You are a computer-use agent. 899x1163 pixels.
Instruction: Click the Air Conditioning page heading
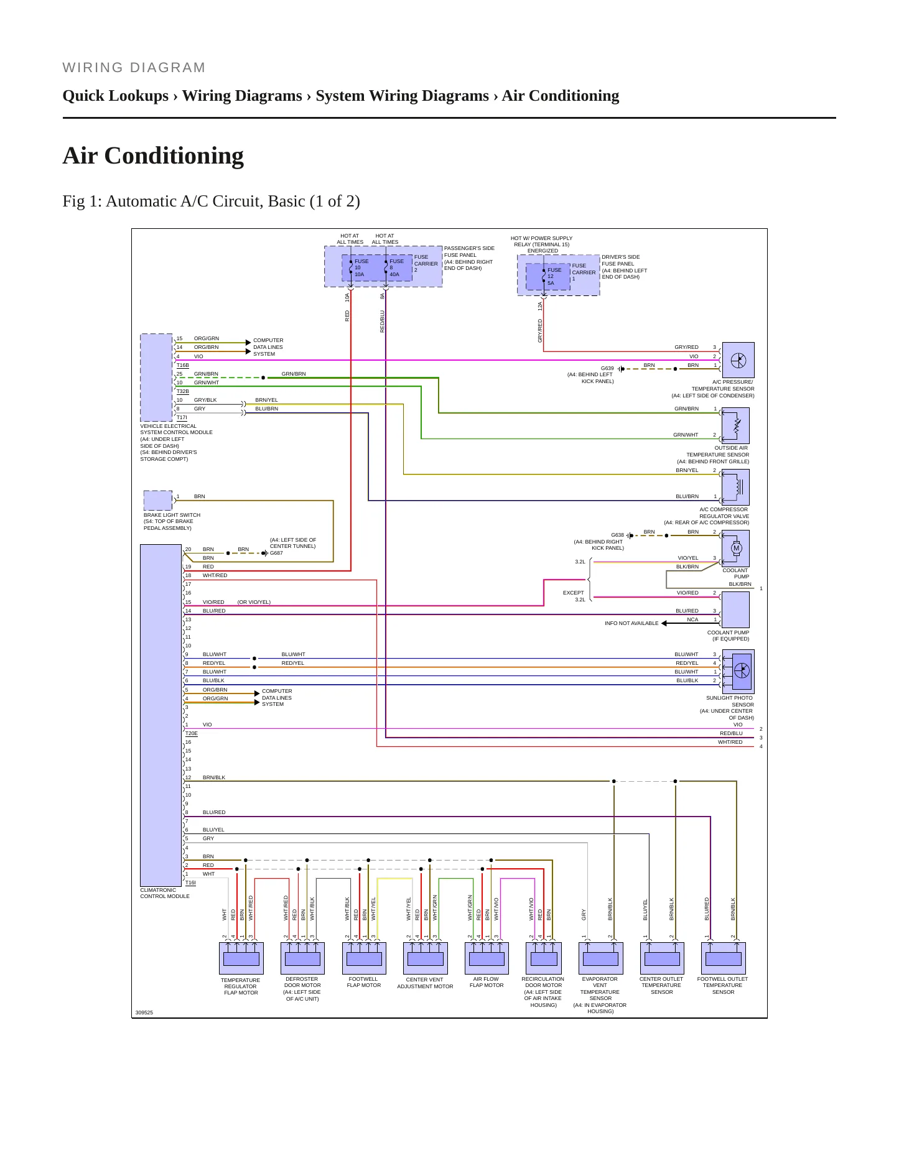pyautogui.click(x=153, y=155)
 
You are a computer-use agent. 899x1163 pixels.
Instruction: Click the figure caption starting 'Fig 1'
pyautogui.click(x=211, y=201)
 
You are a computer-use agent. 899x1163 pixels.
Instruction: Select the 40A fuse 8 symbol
pyautogui.click(x=394, y=267)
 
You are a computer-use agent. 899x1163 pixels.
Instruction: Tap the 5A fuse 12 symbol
pyautogui.click(x=548, y=277)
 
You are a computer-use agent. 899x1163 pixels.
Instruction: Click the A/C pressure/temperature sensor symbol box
pyautogui.click(x=738, y=360)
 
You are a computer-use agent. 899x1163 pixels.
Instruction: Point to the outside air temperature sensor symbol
pyautogui.click(x=735, y=425)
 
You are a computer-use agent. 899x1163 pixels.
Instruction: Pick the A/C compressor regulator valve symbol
pyautogui.click(x=735, y=487)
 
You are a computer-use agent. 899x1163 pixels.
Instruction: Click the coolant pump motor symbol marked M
pyautogui.click(x=737, y=548)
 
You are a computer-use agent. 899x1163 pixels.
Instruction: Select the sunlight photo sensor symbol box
pyautogui.click(x=738, y=672)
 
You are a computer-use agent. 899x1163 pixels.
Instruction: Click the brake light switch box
pyautogui.click(x=158, y=501)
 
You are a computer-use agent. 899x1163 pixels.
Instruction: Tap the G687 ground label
pyautogui.click(x=276, y=553)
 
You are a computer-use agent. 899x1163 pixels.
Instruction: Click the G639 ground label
pyautogui.click(x=607, y=368)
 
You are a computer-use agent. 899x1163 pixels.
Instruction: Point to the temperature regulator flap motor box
pyautogui.click(x=241, y=958)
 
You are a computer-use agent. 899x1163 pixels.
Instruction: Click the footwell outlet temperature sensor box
pyautogui.click(x=724, y=958)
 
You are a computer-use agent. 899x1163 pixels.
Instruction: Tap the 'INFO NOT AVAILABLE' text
pyautogui.click(x=631, y=623)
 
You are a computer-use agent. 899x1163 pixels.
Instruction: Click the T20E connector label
pyautogui.click(x=191, y=733)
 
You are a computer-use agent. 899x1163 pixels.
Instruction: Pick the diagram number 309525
pyautogui.click(x=144, y=1012)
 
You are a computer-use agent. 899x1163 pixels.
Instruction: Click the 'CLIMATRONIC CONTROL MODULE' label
pyautogui.click(x=165, y=893)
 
